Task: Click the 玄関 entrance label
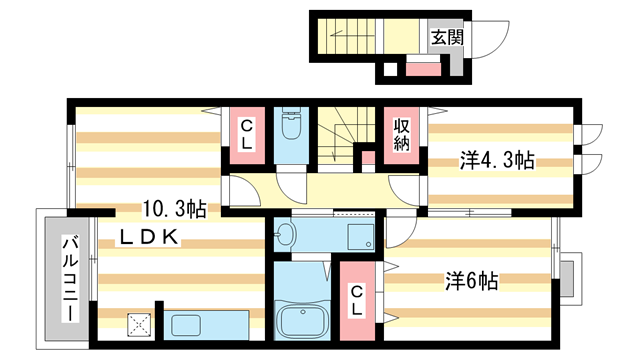[445, 39]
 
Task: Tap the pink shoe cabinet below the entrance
[422, 70]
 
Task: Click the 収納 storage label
[402, 134]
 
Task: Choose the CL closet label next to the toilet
[246, 134]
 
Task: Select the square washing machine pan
[359, 235]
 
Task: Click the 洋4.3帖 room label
[496, 160]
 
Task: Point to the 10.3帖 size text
[175, 209]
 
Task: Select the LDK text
[150, 237]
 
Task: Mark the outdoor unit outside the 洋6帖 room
[570, 279]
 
